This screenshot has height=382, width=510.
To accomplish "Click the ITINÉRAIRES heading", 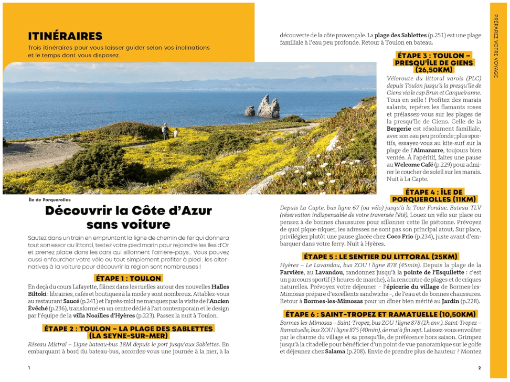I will [65, 36].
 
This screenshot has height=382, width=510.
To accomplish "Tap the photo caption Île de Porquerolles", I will [49, 200].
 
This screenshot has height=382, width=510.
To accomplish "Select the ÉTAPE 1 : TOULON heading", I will [128, 278].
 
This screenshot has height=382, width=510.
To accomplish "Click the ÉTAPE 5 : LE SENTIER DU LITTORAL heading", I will [380, 257].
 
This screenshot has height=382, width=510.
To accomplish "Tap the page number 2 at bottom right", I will [479, 368].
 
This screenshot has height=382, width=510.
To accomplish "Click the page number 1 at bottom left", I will [29, 368].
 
